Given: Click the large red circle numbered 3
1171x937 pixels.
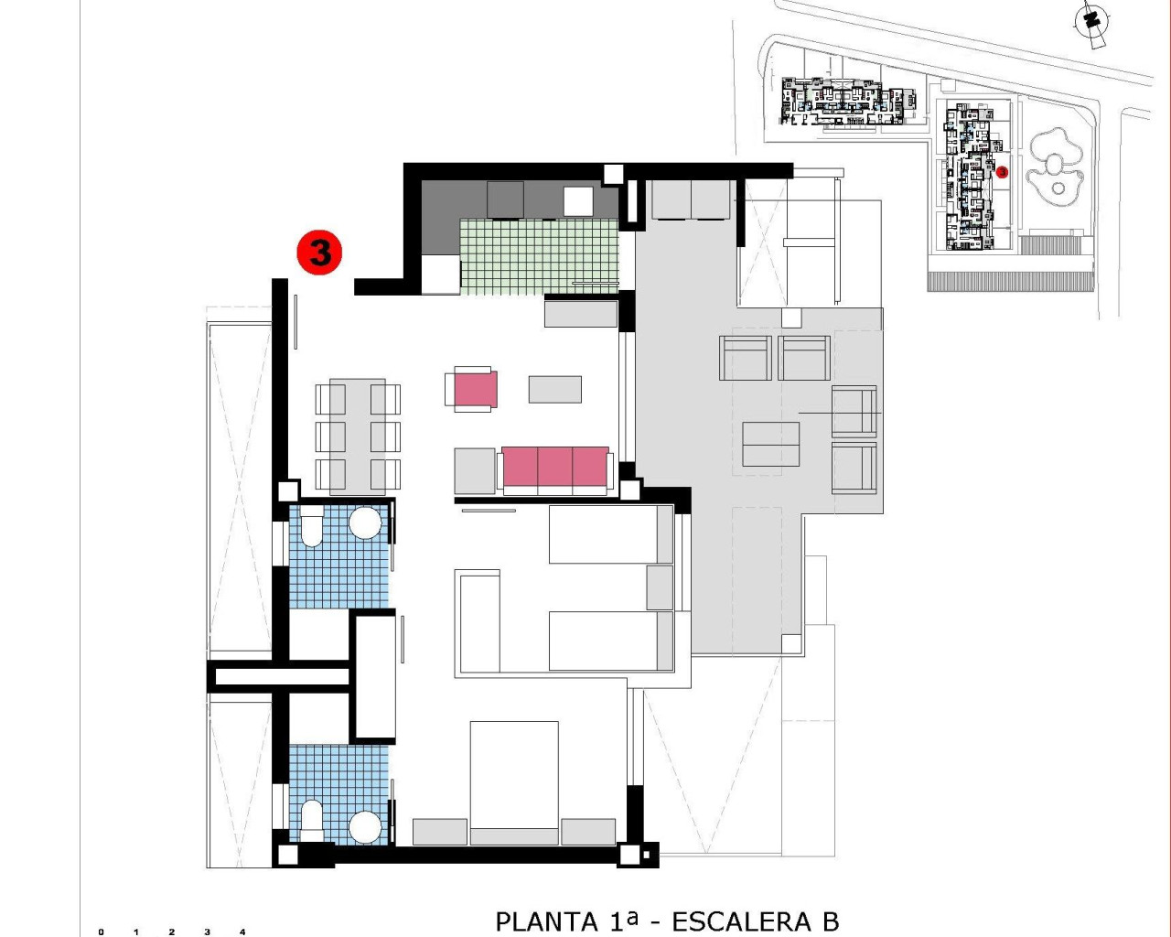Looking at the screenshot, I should click(319, 252).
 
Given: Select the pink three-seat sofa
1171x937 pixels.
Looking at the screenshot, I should click(554, 467).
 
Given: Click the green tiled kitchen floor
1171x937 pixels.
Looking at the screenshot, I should click(538, 256).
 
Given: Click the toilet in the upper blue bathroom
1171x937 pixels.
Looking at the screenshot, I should click(312, 528).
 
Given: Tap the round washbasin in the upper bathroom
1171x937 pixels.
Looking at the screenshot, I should click(365, 523).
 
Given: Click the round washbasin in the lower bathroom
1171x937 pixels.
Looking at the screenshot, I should click(365, 826).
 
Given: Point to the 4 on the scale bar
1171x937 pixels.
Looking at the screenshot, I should click(242, 932).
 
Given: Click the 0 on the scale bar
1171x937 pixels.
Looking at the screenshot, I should click(101, 932).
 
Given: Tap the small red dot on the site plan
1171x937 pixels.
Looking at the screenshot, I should click(1002, 171).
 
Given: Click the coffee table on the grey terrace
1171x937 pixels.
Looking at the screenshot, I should click(771, 444).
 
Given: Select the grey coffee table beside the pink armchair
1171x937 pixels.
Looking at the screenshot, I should click(554, 389).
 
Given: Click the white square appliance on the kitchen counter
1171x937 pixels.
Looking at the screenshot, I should click(579, 199).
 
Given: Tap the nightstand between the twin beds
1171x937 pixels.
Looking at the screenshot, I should click(660, 587).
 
